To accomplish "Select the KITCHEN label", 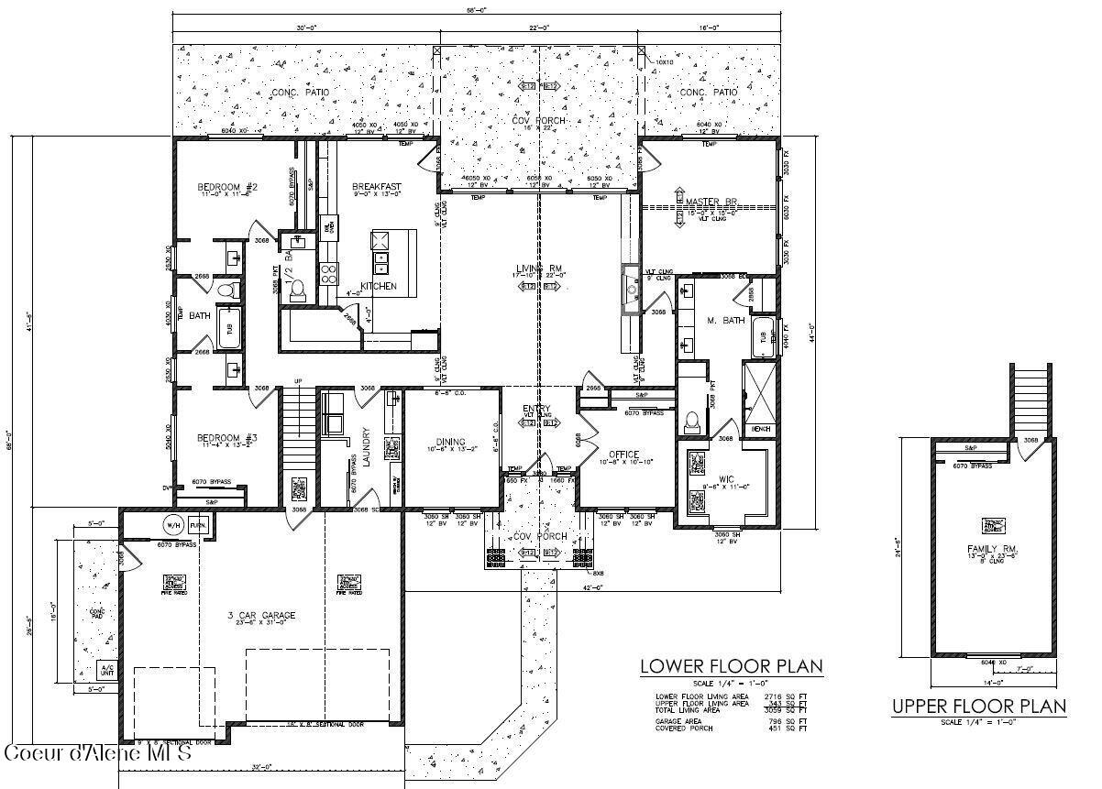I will click(x=378, y=287).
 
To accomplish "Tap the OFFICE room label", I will click(x=623, y=455).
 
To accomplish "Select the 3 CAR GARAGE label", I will click(x=256, y=615).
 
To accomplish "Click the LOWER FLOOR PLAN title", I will click(x=730, y=666).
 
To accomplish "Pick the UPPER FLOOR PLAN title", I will click(x=978, y=707).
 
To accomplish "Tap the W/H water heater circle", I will click(x=171, y=526).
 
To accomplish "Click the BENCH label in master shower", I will click(x=760, y=428).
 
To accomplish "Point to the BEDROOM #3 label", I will click(x=227, y=438).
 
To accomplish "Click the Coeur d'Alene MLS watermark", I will click(x=98, y=754).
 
